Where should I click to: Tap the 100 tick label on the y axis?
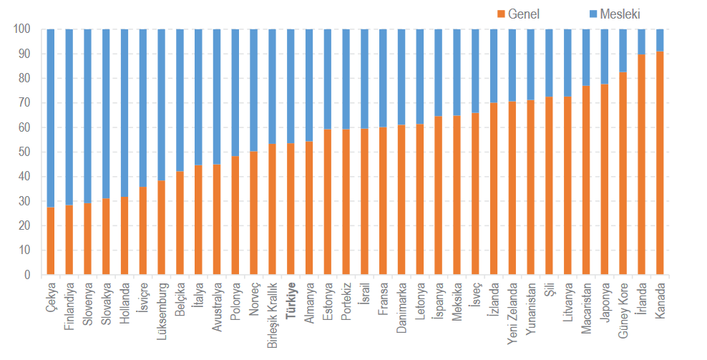(x=21, y=29)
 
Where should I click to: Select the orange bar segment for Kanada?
(x=660, y=163)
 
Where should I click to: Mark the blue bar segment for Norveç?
(x=253, y=90)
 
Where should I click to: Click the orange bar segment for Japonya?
(x=605, y=180)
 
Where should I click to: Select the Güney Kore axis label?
(x=623, y=311)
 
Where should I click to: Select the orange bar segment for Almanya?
(x=309, y=208)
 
